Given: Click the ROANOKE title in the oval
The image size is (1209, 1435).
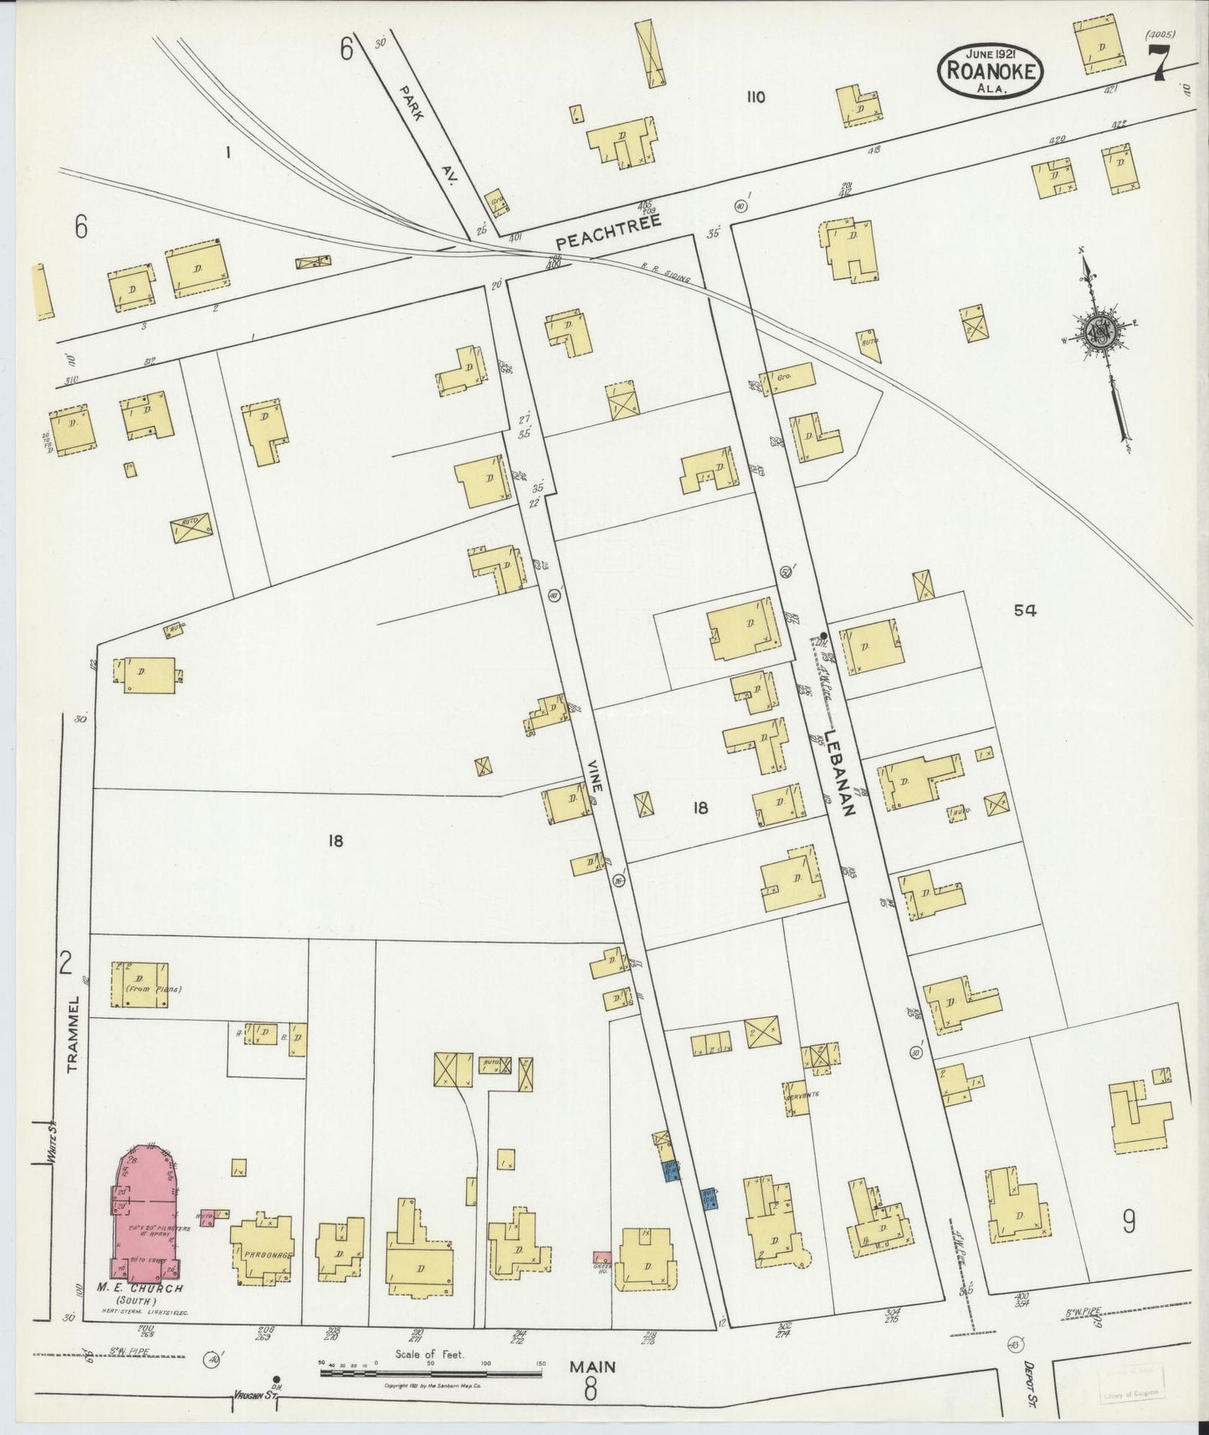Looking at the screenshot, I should tap(992, 71).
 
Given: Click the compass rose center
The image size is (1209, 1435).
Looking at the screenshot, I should tap(1098, 330).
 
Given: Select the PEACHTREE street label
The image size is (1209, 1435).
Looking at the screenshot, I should tap(608, 230).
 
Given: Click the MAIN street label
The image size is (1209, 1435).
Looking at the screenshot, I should tap(592, 1366).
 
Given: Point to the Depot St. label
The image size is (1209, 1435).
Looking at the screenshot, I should tap(1029, 1376).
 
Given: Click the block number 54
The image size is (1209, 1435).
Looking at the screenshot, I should tap(1025, 611).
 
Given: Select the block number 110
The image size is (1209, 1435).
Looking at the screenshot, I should tap(755, 97).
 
